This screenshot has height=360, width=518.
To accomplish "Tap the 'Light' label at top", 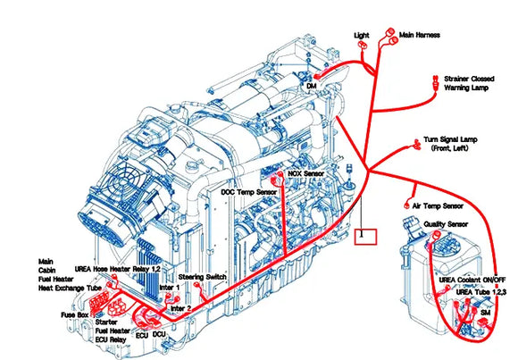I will pos(361,35).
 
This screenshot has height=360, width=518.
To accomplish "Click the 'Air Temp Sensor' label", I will pos(443,206).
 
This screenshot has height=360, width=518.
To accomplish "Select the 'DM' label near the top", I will pos(311,87).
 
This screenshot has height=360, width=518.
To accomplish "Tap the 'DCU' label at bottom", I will pos(159,334).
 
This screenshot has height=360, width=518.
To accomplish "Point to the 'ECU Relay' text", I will pos(113,340).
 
